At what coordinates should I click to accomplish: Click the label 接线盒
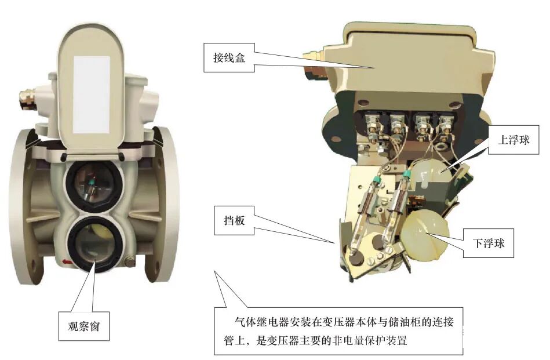(229, 57)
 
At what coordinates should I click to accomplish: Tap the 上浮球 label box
(513, 140)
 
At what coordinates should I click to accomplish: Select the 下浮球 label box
(489, 243)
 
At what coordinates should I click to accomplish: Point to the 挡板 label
(234, 220)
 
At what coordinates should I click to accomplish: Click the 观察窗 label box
(84, 326)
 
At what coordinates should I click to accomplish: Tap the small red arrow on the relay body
(67, 261)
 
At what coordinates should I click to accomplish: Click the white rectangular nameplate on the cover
(91, 94)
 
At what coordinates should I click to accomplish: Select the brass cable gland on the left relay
(27, 99)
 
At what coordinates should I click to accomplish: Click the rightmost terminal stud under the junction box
(446, 127)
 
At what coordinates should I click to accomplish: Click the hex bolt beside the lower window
(130, 262)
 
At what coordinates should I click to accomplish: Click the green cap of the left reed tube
(377, 181)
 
